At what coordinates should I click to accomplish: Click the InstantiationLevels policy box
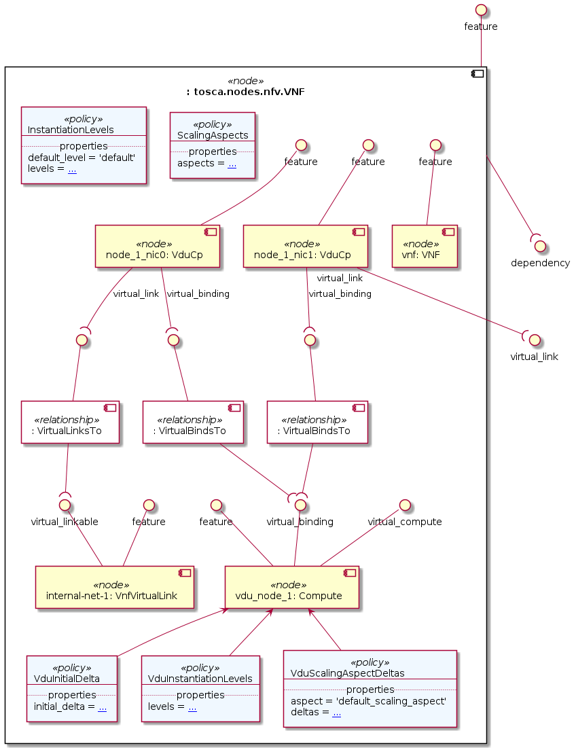(x=84, y=145)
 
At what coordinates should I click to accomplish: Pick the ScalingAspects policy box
(x=212, y=145)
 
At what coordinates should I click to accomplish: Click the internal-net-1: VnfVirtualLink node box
(x=115, y=587)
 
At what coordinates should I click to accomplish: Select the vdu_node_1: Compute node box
(x=291, y=587)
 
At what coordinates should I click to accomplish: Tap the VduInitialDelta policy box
(x=71, y=689)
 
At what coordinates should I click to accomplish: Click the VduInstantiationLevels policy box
(x=200, y=689)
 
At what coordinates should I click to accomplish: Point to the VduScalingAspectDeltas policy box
(x=370, y=689)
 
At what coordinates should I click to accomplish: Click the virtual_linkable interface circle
(x=65, y=505)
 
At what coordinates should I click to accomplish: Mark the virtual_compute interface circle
(x=405, y=505)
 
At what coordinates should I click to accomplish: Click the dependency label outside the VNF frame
(x=540, y=263)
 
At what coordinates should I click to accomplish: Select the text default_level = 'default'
(x=82, y=158)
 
